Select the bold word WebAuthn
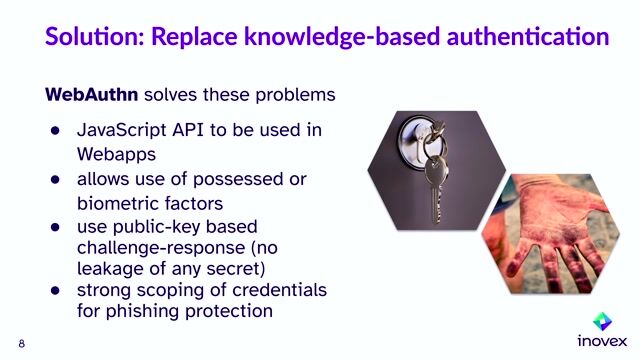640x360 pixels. coord(92,95)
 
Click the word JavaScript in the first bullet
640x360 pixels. coord(125,131)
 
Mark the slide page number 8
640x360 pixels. coord(21,344)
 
